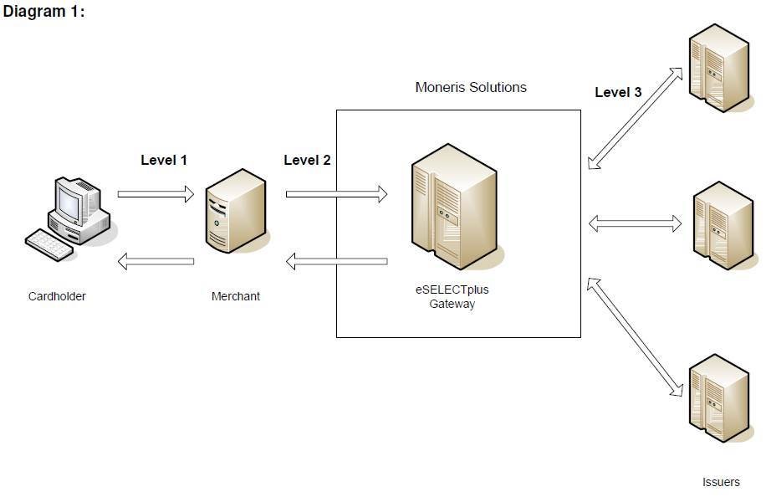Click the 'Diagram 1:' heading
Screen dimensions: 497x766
(44, 12)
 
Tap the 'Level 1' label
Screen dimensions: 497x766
(164, 160)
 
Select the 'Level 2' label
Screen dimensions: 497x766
(307, 160)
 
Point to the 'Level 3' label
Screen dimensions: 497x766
(618, 93)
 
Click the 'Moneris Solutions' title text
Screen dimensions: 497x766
(471, 87)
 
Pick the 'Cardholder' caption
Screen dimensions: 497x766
(57, 296)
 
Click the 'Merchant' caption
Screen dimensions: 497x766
(235, 296)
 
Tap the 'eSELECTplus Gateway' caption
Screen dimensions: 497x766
(452, 297)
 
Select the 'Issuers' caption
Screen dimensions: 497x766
(721, 482)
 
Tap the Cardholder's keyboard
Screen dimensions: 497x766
(55, 243)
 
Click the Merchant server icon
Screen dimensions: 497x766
(236, 211)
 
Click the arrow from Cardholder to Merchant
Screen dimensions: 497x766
(156, 194)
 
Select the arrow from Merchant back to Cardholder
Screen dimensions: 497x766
(156, 262)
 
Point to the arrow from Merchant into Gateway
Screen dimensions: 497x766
(336, 194)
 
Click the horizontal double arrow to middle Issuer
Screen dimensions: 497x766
(636, 223)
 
